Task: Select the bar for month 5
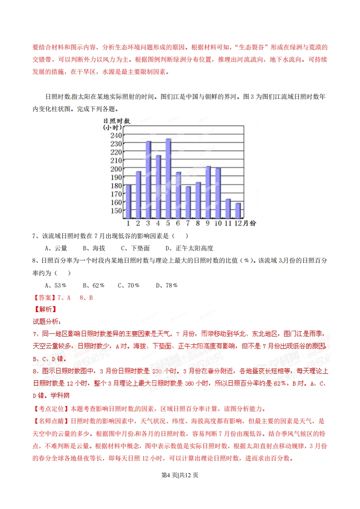click(168, 178)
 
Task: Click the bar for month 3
click(148, 180)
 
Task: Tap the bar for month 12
click(238, 210)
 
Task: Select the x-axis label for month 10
click(218, 223)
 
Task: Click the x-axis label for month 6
click(178, 223)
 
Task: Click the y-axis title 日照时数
click(117, 121)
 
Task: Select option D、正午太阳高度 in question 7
click(189, 248)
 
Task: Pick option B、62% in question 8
click(94, 285)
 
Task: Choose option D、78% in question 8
click(167, 285)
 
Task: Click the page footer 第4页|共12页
click(180, 476)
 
